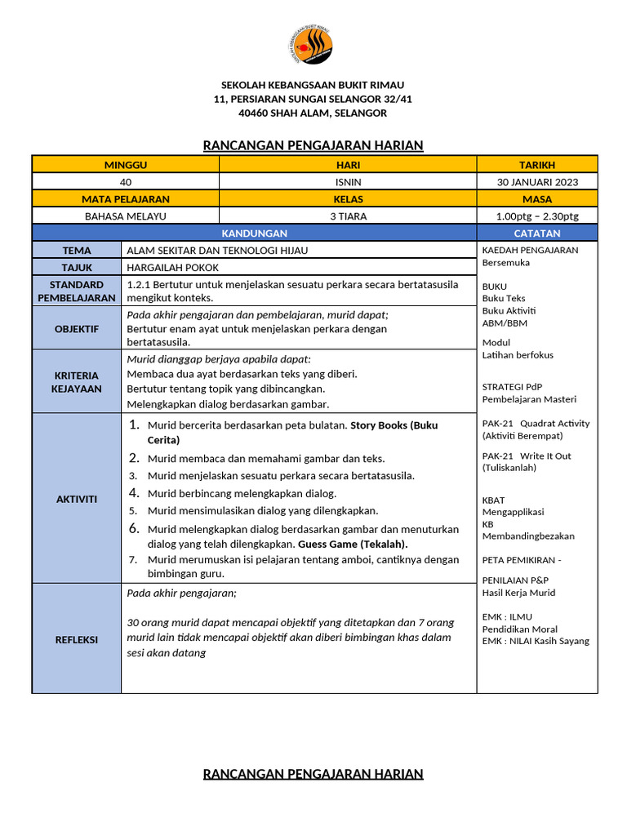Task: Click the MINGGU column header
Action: [x=126, y=164]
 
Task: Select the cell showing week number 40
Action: [x=126, y=182]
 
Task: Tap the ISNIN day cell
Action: [x=349, y=182]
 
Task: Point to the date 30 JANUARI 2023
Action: [x=537, y=182]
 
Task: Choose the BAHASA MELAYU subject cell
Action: [x=126, y=216]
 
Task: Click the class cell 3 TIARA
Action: [x=349, y=216]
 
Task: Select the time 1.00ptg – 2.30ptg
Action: [x=537, y=216]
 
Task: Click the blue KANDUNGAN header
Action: [x=255, y=233]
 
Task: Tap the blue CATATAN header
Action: [x=537, y=233]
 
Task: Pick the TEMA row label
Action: [x=77, y=251]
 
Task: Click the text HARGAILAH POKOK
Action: [x=173, y=268]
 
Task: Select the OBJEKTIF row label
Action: [x=77, y=329]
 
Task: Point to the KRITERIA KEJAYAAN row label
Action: [x=77, y=381]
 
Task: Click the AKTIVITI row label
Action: [x=77, y=499]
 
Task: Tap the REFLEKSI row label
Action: [x=77, y=639]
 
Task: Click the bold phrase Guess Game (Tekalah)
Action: [x=353, y=544]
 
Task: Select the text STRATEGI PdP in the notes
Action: [x=513, y=386]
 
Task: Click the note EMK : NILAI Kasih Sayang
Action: [x=536, y=641]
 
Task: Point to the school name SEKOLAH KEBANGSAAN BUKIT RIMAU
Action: [x=313, y=85]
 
